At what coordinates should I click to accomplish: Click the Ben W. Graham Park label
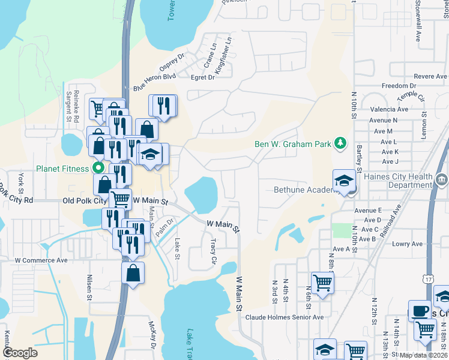point(293,144)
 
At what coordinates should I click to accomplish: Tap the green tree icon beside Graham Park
point(340,143)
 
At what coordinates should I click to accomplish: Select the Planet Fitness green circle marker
point(97,169)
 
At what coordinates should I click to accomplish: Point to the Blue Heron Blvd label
point(154,82)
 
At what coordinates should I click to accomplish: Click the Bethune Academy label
point(303,190)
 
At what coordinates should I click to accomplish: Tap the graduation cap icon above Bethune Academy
point(344,180)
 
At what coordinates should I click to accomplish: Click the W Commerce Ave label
point(41,260)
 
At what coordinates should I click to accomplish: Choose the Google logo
point(19,353)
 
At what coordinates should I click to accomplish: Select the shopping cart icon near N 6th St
point(322,281)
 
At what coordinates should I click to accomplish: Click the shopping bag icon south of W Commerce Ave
point(133,272)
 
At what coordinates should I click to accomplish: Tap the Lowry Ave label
point(408,244)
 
